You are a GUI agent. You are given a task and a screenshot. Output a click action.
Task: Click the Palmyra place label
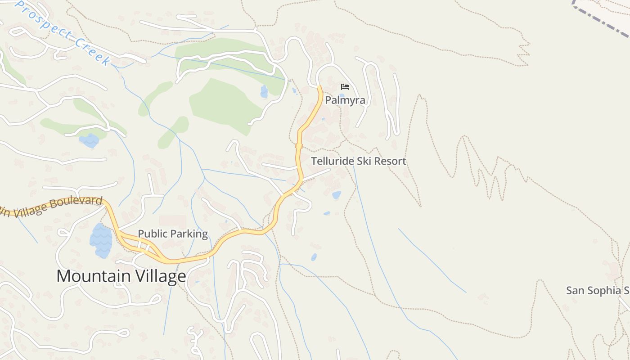click(345, 100)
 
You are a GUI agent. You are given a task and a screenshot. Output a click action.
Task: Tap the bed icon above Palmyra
click(345, 86)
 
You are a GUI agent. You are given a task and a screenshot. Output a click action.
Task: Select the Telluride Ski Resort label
click(358, 161)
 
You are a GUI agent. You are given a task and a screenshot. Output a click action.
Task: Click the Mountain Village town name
click(121, 276)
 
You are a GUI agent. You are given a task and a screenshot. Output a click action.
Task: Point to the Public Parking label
click(173, 234)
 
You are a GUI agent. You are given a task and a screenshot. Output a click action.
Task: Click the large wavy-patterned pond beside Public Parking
click(101, 241)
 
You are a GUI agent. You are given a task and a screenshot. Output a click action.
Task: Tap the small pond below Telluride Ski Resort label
click(336, 195)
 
